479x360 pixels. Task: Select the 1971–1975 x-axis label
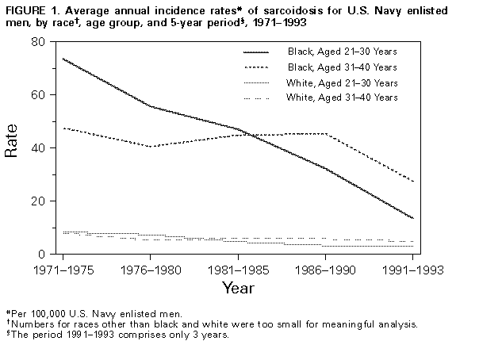(x=61, y=270)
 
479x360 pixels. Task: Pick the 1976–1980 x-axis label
(x=150, y=270)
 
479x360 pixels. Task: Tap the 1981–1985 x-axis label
(x=238, y=270)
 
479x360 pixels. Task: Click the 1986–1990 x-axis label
(x=327, y=270)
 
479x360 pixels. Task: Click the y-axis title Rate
(x=13, y=147)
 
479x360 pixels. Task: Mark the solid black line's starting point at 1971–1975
(x=61, y=59)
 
